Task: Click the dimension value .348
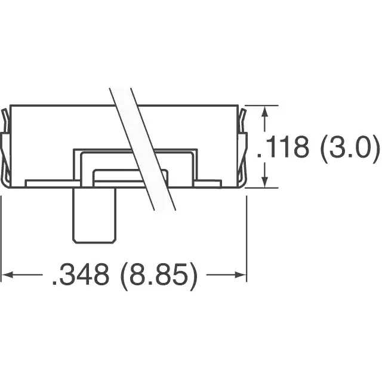(x=81, y=275)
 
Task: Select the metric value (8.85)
(x=159, y=275)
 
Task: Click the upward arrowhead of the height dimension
(x=264, y=112)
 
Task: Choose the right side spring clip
(x=244, y=149)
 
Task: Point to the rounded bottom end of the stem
(x=93, y=241)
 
